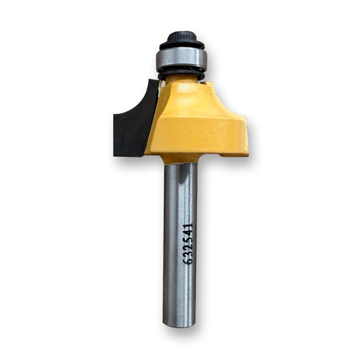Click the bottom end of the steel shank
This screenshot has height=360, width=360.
click(x=179, y=323)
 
